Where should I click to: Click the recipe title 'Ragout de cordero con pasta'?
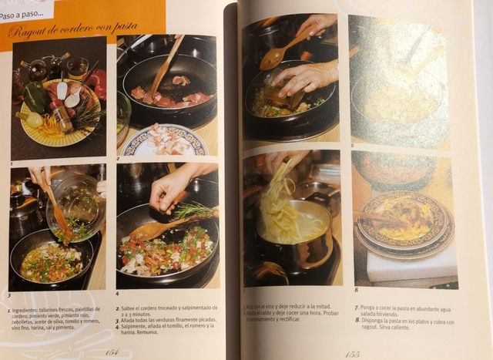click(x=72, y=29)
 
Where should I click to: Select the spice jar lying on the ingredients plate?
click(x=62, y=119)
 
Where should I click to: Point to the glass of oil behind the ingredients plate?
click(x=78, y=69)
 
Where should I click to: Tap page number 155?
click(x=351, y=354)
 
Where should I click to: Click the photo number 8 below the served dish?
click(x=356, y=290)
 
